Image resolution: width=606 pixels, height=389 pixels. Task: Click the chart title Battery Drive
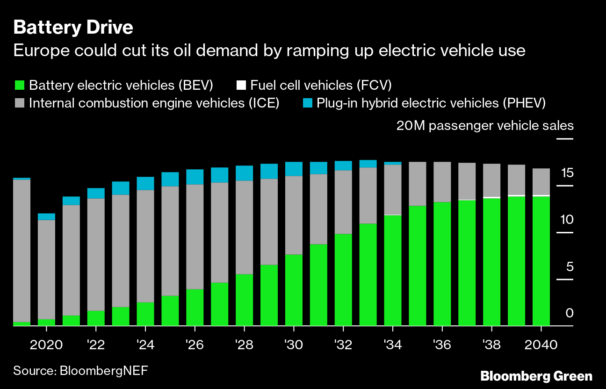click(73, 28)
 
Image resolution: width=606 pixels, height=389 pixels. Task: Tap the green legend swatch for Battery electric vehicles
click(19, 85)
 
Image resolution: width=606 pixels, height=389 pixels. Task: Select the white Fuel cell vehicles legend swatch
click(241, 85)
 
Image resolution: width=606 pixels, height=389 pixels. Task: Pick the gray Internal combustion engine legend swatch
click(19, 103)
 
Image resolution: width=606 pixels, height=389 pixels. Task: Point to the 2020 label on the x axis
click(46, 345)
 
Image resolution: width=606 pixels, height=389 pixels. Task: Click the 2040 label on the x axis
click(541, 345)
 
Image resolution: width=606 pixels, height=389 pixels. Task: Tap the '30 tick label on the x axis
click(294, 345)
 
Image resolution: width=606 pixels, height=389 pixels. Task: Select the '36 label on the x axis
click(442, 345)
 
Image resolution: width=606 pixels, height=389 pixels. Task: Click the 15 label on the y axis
click(567, 173)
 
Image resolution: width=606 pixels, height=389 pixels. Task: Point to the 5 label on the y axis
click(569, 267)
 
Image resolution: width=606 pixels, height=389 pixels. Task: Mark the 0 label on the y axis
click(569, 313)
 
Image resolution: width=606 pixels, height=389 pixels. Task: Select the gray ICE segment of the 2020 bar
click(46, 269)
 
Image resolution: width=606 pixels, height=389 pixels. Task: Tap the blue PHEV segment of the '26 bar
click(195, 177)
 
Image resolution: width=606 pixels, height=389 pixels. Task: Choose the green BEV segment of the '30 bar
click(294, 290)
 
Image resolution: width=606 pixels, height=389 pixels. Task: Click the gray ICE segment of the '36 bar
click(442, 182)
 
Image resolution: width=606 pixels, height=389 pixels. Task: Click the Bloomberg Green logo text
click(536, 376)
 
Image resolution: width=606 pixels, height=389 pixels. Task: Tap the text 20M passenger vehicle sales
click(485, 125)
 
